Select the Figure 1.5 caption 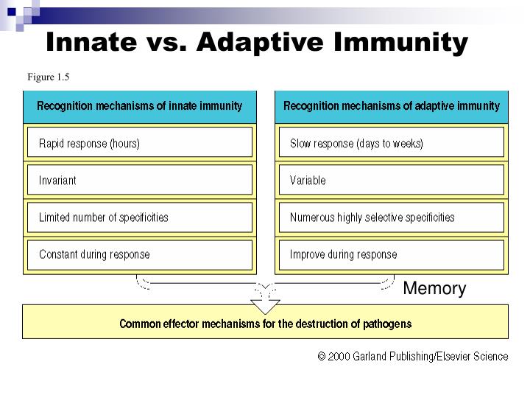point(49,77)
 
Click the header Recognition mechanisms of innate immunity point(139,106)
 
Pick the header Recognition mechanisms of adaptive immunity point(391,106)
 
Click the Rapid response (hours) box point(140,143)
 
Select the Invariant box point(140,181)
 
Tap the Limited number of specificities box point(140,217)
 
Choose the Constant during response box point(140,255)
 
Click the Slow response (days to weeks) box point(391,143)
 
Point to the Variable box point(391,181)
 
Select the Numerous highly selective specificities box point(391,217)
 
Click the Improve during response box point(391,255)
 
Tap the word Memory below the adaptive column point(434,289)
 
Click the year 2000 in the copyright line point(339,357)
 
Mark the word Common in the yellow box point(140,324)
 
